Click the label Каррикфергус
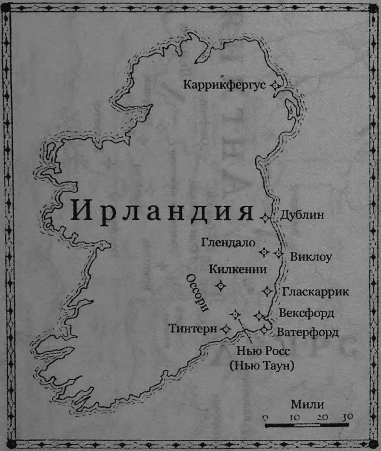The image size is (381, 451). tap(225, 85)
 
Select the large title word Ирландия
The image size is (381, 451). tap(162, 211)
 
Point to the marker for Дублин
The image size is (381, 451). tap(264, 218)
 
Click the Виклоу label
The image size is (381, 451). tap(311, 257)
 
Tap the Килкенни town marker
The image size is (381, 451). tap(220, 286)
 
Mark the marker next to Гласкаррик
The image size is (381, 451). tap(267, 291)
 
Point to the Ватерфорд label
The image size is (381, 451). tap(308, 332)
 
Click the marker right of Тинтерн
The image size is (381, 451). tap(225, 329)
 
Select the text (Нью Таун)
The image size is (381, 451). tap(262, 366)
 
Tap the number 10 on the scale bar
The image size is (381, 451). tap(294, 417)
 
